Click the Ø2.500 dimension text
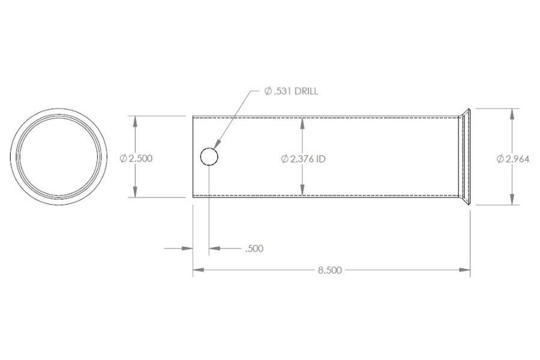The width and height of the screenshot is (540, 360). click(x=136, y=158)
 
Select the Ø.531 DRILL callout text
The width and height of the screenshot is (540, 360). click(x=291, y=92)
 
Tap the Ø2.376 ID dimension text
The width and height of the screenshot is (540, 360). click(x=303, y=159)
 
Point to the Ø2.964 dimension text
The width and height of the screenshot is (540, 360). click(x=512, y=159)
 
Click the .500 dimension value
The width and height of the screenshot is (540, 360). click(x=254, y=248)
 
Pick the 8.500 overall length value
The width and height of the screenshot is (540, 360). click(x=329, y=270)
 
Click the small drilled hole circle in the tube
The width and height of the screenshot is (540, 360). click(x=209, y=157)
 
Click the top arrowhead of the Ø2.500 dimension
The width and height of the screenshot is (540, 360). click(x=136, y=119)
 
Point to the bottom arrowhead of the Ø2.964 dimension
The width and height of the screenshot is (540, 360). click(x=512, y=201)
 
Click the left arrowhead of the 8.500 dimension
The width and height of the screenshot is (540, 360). click(x=197, y=270)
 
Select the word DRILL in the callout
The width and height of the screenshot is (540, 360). click(x=307, y=92)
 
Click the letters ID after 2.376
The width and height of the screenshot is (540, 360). click(x=320, y=159)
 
